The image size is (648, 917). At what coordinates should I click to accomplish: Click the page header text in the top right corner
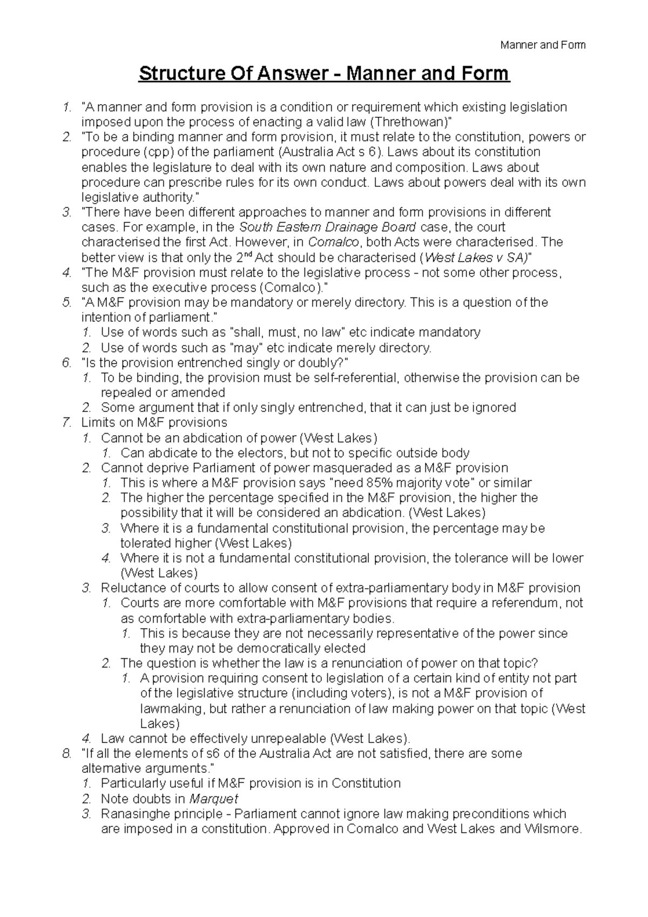[x=543, y=45]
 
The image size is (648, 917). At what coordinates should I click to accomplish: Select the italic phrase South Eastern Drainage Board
[x=327, y=227]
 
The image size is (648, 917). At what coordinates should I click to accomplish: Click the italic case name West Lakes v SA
[x=475, y=257]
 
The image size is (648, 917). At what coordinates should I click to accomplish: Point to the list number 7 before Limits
[x=66, y=422]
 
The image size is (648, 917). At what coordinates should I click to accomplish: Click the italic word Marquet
[x=213, y=799]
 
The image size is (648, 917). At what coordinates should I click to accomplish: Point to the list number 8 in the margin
[x=66, y=753]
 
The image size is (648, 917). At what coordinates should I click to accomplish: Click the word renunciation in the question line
[x=369, y=663]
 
